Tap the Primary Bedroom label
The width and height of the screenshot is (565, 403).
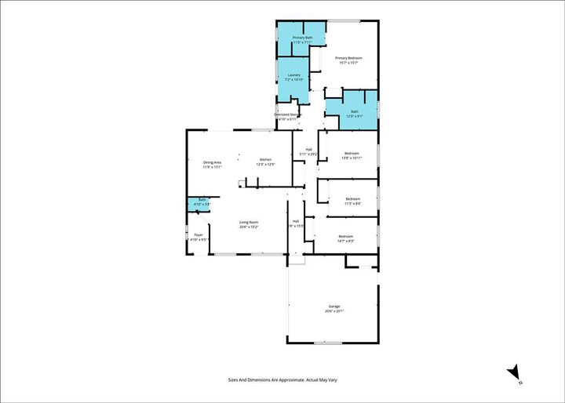[348, 58]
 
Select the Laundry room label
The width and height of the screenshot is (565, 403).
[293, 75]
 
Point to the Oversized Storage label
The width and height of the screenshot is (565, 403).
[287, 114]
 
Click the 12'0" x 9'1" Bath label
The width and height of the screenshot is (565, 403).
[354, 116]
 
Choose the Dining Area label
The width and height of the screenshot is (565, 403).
[213, 162]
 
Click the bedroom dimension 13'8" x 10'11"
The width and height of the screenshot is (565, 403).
[351, 158]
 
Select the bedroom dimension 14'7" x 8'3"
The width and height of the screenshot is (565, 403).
[345, 241]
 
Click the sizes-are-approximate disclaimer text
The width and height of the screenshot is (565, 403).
[282, 380]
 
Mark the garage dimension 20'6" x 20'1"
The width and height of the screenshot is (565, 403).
[334, 311]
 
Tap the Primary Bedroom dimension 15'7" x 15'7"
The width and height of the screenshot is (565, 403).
[348, 63]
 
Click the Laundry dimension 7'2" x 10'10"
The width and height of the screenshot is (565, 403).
[293, 80]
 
